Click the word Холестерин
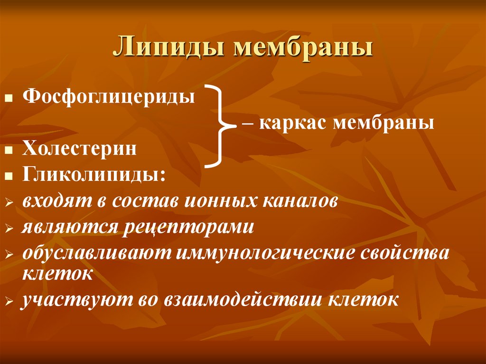[79, 149]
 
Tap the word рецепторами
[190, 226]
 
